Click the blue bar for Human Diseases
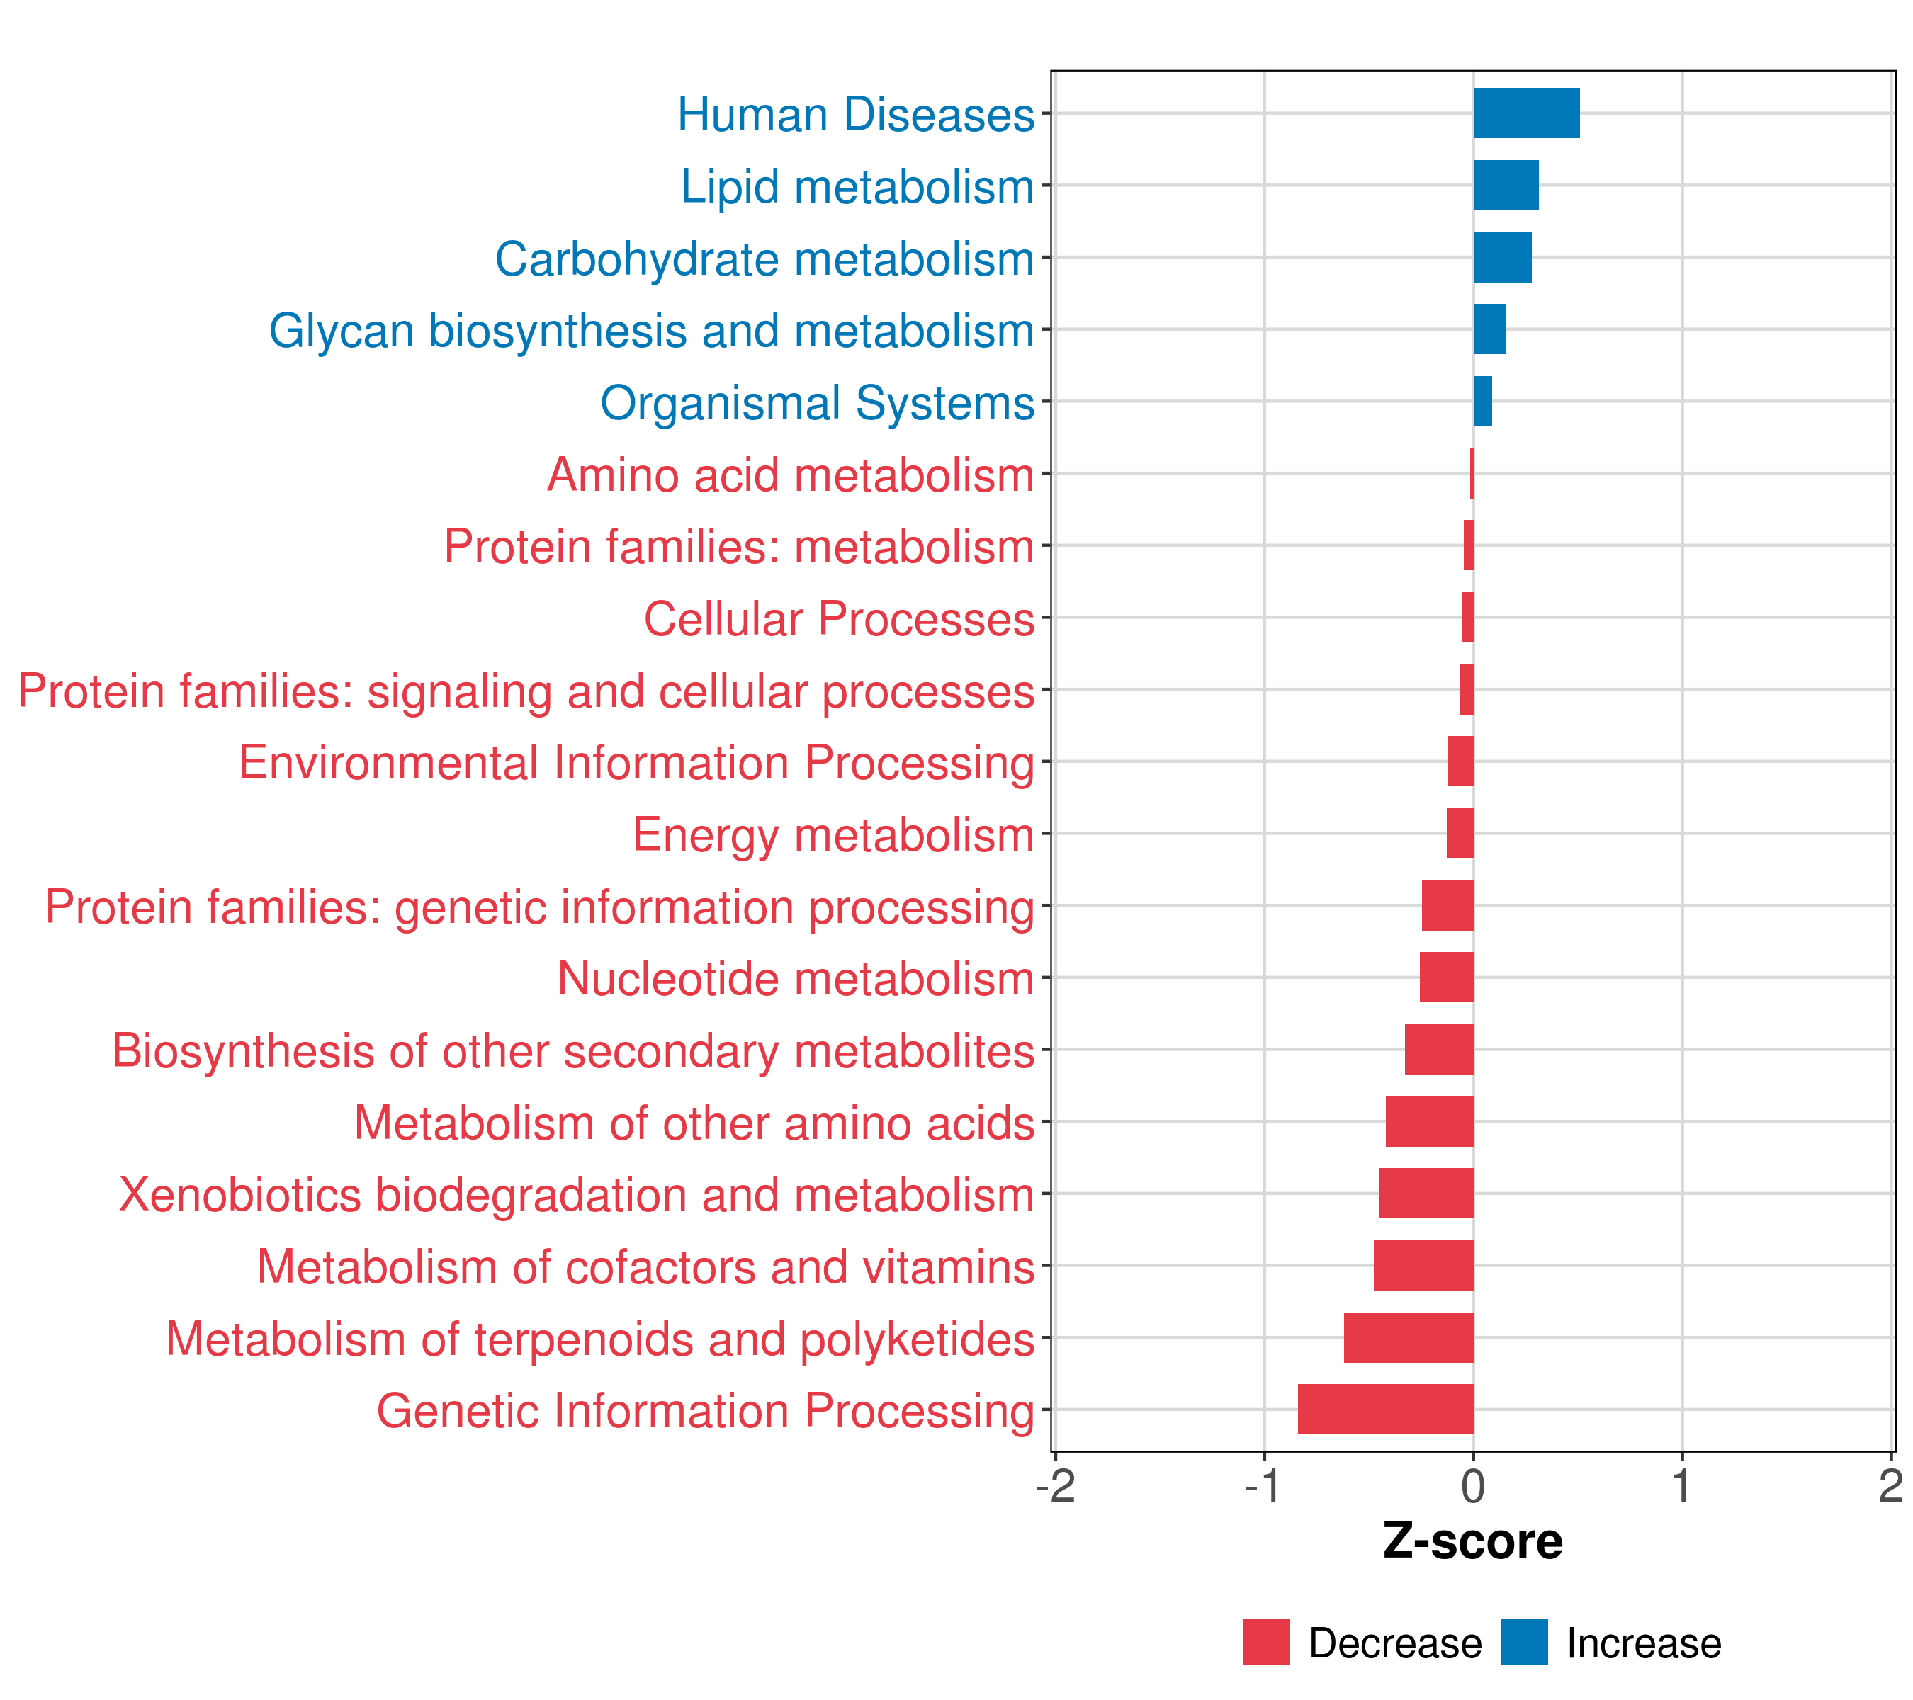[1525, 113]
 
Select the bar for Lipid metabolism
[1505, 186]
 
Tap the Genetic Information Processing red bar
[1385, 1409]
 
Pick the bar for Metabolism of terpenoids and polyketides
[1409, 1337]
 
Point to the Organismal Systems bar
[1482, 402]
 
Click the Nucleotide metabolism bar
[1446, 977]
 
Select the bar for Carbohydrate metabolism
[1502, 257]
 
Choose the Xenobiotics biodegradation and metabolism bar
[1426, 1193]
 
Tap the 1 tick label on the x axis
[1682, 1487]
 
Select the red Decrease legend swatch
[1265, 1642]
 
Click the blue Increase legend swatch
[1523, 1642]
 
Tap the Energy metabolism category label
[833, 834]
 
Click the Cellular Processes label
[839, 618]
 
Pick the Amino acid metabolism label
[790, 475]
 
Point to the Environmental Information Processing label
[636, 762]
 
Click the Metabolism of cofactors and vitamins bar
[1423, 1265]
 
